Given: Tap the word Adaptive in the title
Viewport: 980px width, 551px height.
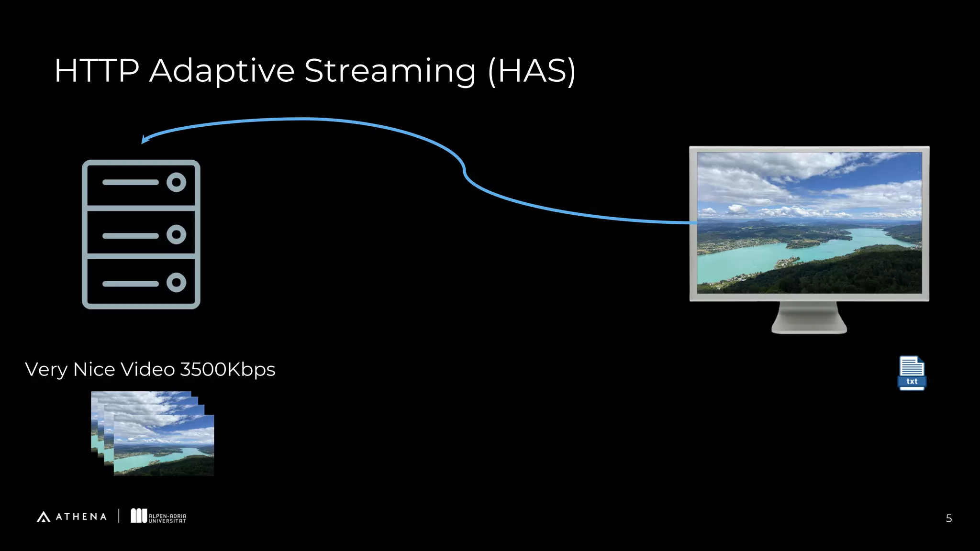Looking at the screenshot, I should point(222,71).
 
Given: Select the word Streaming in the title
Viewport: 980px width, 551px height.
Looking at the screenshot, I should point(390,71).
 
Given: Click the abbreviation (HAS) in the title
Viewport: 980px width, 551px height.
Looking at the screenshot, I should point(532,71).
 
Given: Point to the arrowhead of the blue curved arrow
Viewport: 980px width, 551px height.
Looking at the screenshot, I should point(145,139).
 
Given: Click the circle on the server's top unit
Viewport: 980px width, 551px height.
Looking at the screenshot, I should point(176,182).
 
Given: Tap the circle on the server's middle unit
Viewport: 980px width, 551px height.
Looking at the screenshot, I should point(176,234).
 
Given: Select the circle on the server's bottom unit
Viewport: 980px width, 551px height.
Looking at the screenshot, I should point(176,283).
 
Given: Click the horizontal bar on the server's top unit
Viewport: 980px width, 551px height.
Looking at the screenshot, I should point(130,182).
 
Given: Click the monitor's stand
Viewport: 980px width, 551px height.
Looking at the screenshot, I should point(809,318).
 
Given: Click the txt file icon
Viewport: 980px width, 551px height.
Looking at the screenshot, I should point(912,374).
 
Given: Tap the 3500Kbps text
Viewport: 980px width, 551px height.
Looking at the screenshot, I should point(227,370).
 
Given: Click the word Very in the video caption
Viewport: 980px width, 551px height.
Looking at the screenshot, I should point(46,370).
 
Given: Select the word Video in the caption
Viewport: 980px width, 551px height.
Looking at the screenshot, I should point(147,370).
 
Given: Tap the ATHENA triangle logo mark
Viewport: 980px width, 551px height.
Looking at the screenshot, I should point(44,517).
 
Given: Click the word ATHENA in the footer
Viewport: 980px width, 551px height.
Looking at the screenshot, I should point(81,517).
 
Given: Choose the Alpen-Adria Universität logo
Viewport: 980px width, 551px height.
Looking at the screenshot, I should point(158,516).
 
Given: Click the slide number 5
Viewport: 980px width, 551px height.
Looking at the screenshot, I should point(948,518).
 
